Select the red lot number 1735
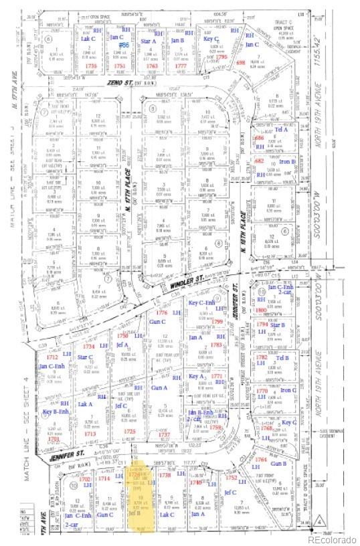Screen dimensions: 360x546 tap(92, 67)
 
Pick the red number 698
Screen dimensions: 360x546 tap(242, 62)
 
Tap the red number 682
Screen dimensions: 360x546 tap(258, 161)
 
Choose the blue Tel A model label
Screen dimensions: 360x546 tap(282, 128)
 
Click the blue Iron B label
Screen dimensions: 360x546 tap(288, 161)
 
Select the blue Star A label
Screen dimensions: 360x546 tap(149, 41)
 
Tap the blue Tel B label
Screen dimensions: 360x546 tap(282, 357)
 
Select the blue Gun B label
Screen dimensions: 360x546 tap(279, 462)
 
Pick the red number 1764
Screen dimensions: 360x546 tap(262, 460)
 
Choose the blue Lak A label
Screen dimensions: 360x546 tap(85, 404)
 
